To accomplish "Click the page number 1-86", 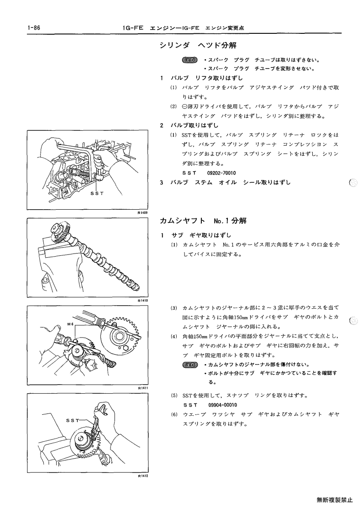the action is pos(34,28).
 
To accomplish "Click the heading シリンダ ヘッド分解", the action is pos(198,46).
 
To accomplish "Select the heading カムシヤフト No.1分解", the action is pos(203,221).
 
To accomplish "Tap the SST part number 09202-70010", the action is pos(221,173).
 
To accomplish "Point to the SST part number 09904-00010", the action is pos(222,405).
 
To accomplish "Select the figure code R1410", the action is pos(143,301).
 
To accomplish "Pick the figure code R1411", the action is pos(143,388).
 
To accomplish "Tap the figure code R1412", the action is pos(143,476).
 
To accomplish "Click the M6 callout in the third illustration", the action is pos(70,324).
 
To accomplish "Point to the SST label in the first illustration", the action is pos(97,193).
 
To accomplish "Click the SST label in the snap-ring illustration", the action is pos(73,421).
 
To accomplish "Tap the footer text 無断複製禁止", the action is pos(335,500).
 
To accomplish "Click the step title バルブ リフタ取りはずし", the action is pos(206,78).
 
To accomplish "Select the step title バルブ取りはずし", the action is pos(194,125).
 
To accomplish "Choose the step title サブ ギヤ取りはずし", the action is pos(201,235).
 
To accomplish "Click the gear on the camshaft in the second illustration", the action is pos(61,233).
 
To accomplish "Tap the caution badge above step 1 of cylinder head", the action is pos(190,60).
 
